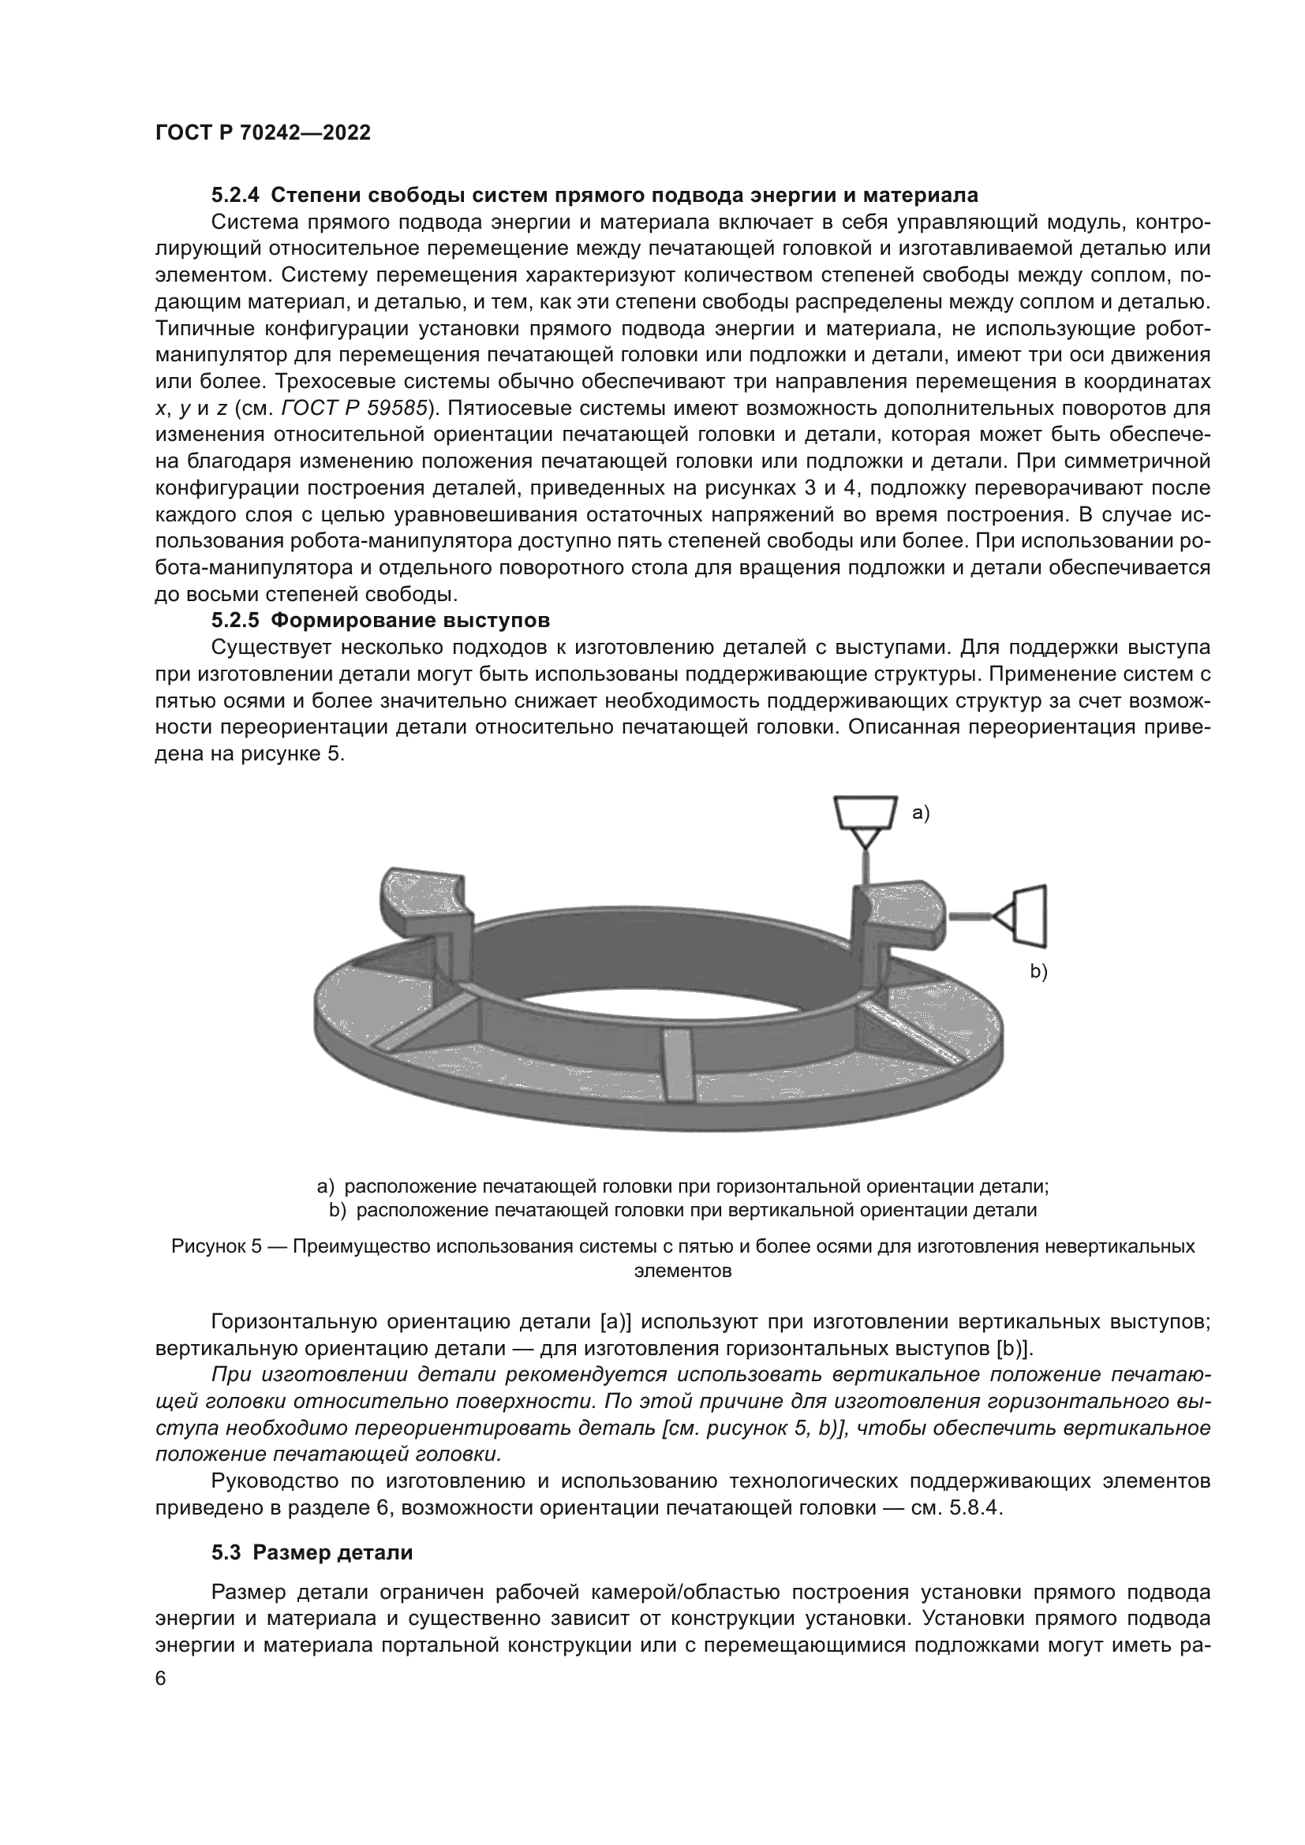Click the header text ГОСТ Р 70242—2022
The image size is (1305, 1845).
[263, 133]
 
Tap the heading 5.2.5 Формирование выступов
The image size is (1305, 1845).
[381, 620]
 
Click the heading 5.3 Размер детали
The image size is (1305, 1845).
[312, 1552]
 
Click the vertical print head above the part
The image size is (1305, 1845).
[865, 814]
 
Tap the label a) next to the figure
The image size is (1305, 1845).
[920, 813]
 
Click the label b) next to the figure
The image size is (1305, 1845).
[1039, 973]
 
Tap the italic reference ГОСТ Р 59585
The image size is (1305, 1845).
[353, 409]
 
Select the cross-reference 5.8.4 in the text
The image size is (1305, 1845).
[973, 1507]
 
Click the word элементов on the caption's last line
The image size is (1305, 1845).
[682, 1272]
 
